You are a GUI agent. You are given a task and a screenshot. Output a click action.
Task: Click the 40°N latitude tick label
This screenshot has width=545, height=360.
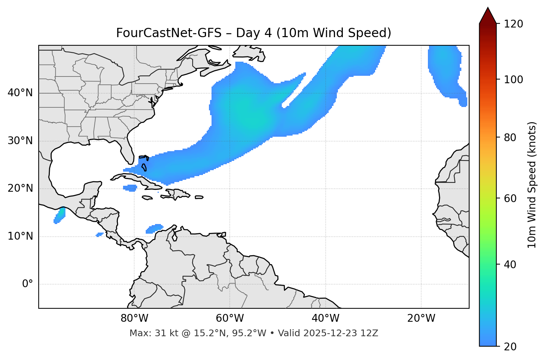click(20, 93)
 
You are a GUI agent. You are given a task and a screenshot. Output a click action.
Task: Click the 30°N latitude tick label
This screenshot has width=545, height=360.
click(20, 141)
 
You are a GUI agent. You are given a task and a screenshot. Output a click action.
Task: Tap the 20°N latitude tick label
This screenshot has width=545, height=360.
click(20, 188)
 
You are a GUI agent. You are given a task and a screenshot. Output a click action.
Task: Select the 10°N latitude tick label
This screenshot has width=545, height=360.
click(20, 236)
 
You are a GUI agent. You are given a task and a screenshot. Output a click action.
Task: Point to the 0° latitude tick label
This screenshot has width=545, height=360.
click(27, 284)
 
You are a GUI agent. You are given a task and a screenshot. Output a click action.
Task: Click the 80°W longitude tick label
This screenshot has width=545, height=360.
click(134, 318)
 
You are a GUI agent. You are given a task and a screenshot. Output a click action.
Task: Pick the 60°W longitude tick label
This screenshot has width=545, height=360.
click(230, 318)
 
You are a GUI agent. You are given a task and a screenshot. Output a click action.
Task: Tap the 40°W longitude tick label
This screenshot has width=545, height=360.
click(325, 318)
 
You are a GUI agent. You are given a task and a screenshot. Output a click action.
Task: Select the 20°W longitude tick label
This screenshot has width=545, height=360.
click(421, 318)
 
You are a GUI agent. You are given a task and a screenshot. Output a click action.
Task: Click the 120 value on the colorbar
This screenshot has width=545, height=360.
click(513, 24)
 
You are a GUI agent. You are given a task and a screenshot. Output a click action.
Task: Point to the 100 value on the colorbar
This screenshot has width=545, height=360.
click(513, 80)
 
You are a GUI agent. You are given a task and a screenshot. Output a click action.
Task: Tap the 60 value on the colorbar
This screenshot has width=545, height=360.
click(510, 198)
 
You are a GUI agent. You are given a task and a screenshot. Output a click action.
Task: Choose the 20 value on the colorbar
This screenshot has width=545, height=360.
click(510, 347)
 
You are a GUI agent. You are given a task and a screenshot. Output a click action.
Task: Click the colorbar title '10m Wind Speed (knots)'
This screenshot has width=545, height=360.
click(532, 185)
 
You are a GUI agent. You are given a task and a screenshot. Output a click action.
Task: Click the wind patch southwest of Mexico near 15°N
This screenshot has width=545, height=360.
click(60, 215)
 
